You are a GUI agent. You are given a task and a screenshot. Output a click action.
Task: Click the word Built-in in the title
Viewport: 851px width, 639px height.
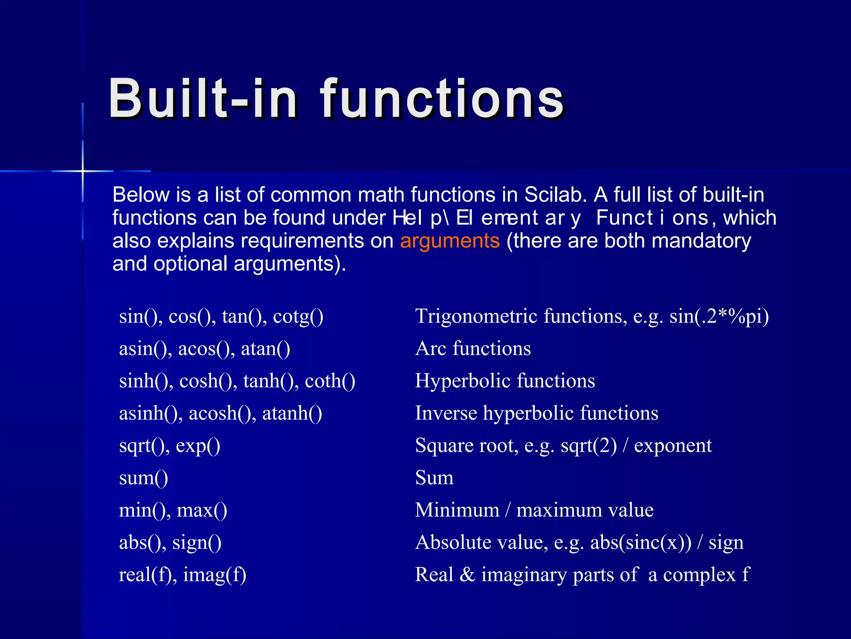click(x=203, y=99)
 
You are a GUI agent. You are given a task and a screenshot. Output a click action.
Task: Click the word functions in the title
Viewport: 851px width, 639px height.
click(x=442, y=99)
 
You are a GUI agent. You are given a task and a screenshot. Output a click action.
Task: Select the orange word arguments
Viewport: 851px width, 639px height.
click(x=450, y=241)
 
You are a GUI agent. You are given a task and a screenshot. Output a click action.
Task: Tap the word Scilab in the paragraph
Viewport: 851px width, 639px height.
click(x=556, y=195)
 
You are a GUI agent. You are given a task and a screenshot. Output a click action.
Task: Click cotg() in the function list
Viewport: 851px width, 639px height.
click(x=298, y=317)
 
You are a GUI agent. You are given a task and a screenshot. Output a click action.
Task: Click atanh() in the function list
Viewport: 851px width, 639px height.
click(x=292, y=414)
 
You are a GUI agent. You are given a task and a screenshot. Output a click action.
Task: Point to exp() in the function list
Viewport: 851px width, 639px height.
click(x=198, y=446)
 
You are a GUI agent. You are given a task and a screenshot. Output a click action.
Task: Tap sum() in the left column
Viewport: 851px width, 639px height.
click(x=143, y=478)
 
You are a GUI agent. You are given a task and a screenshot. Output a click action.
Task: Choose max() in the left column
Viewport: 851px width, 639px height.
click(x=202, y=510)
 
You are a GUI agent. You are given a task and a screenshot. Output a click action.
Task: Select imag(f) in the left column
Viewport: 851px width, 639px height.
click(x=214, y=575)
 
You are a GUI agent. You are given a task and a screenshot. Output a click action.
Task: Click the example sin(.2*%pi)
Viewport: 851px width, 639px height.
click(x=719, y=317)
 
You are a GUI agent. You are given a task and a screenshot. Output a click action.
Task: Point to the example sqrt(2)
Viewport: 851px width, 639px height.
click(x=588, y=446)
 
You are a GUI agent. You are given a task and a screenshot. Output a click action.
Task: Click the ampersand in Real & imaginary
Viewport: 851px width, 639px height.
click(x=467, y=575)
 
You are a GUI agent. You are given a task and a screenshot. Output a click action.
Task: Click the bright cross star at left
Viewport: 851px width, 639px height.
click(x=83, y=171)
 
